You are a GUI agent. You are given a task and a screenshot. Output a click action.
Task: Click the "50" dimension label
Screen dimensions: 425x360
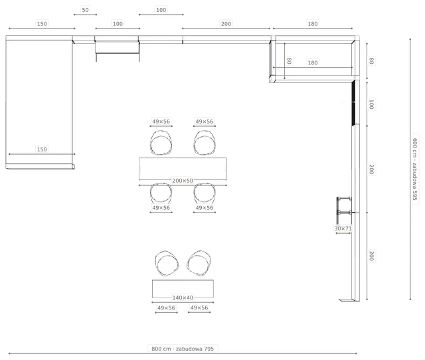tap(85, 10)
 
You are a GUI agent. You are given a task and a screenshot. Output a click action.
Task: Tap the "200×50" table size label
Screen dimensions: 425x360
tap(183, 181)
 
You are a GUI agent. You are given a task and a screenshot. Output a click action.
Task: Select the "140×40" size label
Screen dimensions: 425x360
tap(183, 298)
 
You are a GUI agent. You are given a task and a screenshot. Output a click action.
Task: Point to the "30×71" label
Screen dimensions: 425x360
tap(343, 228)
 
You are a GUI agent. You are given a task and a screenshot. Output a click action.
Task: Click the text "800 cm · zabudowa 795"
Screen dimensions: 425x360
tap(183, 349)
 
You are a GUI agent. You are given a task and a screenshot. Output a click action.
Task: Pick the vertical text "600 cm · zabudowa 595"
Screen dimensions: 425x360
tap(414, 169)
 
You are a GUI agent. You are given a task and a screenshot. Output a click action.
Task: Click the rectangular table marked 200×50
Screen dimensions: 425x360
tap(183, 169)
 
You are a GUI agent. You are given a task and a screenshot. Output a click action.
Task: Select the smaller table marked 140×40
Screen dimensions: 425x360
tap(183, 289)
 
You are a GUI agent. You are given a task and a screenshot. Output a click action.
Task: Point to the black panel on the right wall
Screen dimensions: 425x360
tap(353, 103)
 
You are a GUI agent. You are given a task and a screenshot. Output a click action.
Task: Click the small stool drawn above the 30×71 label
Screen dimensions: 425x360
tap(344, 210)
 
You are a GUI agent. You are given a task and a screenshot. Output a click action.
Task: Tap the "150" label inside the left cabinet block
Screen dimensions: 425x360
tap(42, 149)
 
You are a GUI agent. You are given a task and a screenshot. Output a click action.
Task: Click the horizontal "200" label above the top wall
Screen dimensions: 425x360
tap(226, 24)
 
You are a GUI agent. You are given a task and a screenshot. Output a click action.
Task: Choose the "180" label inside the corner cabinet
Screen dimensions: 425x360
tap(313, 62)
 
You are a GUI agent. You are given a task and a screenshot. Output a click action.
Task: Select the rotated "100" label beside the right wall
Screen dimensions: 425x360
tap(371, 104)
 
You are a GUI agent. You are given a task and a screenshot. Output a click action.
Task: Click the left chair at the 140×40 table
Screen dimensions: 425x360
tap(167, 263)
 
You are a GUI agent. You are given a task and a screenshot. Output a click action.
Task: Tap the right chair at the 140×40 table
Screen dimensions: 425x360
tap(199, 263)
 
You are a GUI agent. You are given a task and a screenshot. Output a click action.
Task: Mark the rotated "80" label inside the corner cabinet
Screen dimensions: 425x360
tap(289, 60)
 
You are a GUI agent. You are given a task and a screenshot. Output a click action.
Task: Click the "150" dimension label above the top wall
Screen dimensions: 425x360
tap(42, 24)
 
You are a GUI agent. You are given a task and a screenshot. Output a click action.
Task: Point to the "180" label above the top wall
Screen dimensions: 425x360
tap(313, 24)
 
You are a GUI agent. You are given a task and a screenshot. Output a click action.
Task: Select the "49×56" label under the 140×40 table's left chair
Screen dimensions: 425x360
tap(166, 308)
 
